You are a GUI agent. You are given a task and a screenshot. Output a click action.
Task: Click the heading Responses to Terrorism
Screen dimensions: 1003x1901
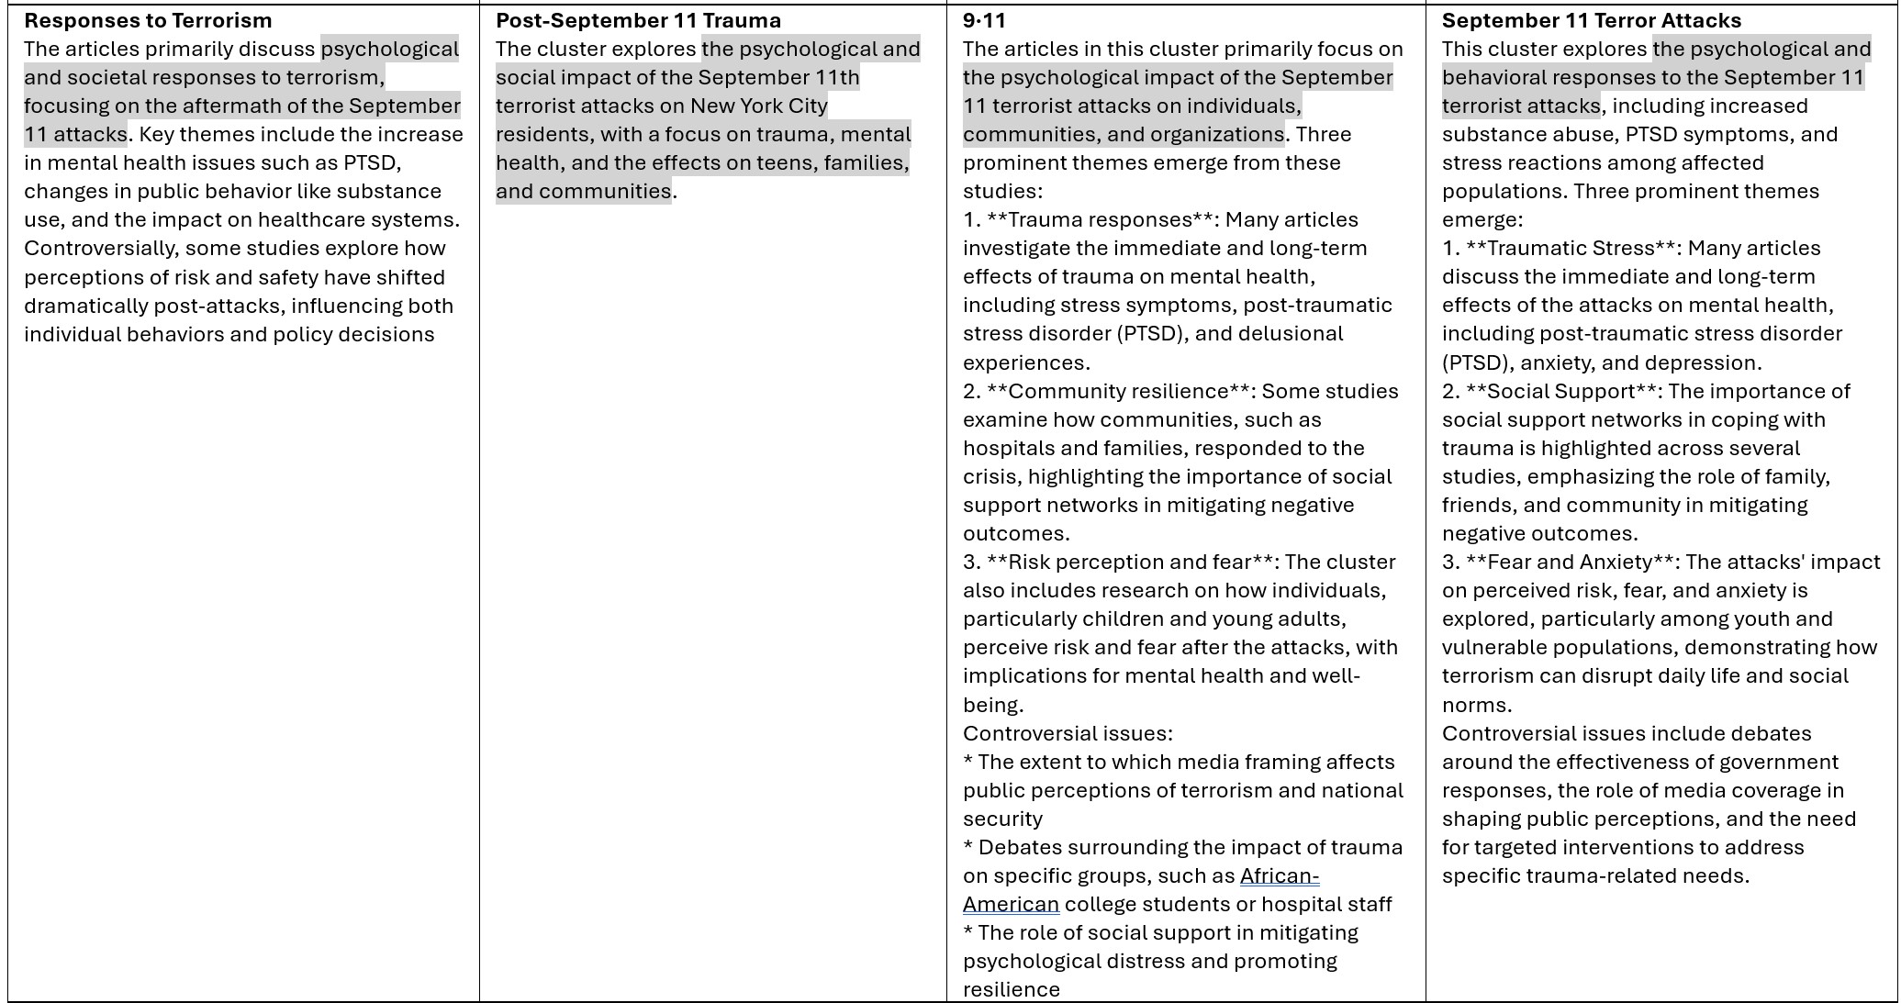pos(148,20)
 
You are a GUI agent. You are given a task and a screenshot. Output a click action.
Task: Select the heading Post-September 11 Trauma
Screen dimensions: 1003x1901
pos(638,20)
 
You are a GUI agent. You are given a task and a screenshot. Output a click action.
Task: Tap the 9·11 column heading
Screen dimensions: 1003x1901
pos(984,20)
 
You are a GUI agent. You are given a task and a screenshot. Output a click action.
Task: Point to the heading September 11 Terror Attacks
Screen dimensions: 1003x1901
pos(1591,20)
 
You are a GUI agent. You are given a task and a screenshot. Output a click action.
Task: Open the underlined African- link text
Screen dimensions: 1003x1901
pos(1279,876)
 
